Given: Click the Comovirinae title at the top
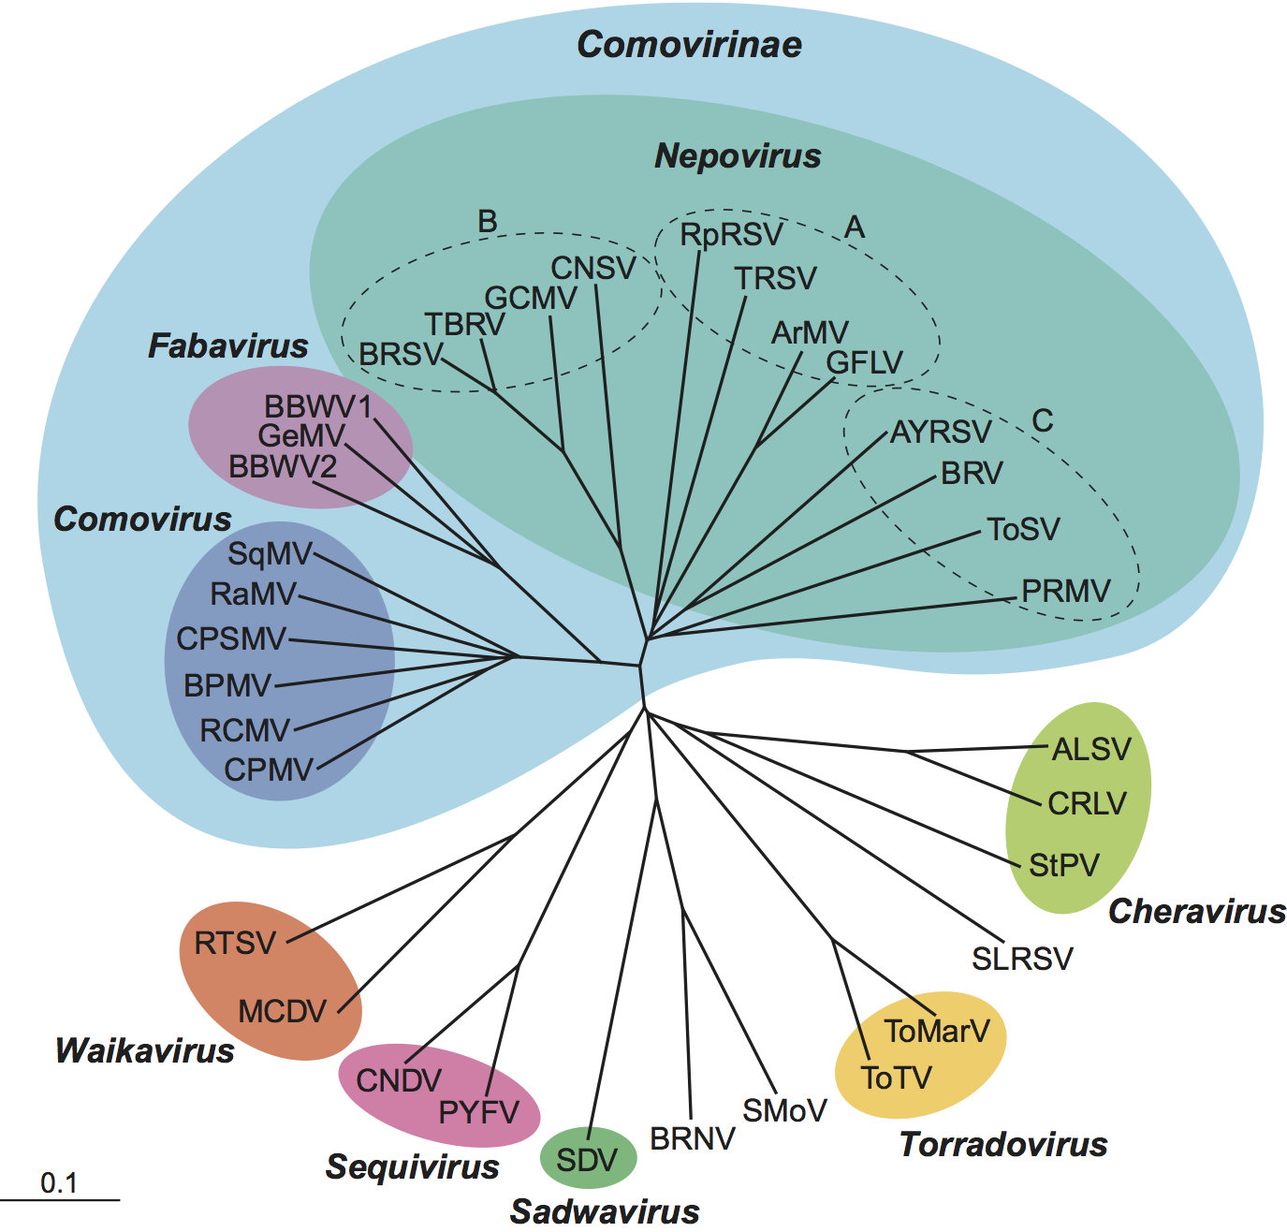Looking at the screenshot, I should pyautogui.click(x=689, y=45).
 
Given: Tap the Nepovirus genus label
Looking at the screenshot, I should pyautogui.click(x=738, y=156).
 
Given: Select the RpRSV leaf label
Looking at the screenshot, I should pyautogui.click(x=731, y=234).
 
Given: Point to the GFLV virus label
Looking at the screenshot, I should pyautogui.click(x=864, y=362).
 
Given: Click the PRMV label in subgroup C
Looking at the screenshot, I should pyautogui.click(x=1065, y=591).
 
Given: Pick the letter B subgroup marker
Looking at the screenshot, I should pyautogui.click(x=487, y=222).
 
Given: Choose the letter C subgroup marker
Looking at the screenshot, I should pyautogui.click(x=1042, y=421).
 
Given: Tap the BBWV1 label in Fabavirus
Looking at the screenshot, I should pyautogui.click(x=318, y=407).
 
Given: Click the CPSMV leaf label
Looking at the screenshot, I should pyautogui.click(x=231, y=638).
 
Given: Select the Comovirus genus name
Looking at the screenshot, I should pyautogui.click(x=142, y=520).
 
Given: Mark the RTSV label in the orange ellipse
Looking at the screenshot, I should pyautogui.click(x=235, y=943).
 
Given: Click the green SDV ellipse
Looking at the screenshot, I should pyautogui.click(x=588, y=1160).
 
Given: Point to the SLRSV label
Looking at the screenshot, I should pyautogui.click(x=1022, y=959).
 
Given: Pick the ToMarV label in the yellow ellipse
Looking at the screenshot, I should pyautogui.click(x=937, y=1031).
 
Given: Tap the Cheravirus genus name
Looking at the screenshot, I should pyautogui.click(x=1197, y=912).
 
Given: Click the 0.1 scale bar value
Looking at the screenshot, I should pyautogui.click(x=59, y=1184).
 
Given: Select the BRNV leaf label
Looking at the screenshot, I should pyautogui.click(x=693, y=1139).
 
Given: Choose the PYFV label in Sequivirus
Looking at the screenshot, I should pyautogui.click(x=478, y=1112).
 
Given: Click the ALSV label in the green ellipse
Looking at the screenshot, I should pyautogui.click(x=1091, y=750).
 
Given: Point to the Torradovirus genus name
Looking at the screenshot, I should pyautogui.click(x=1003, y=1145).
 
